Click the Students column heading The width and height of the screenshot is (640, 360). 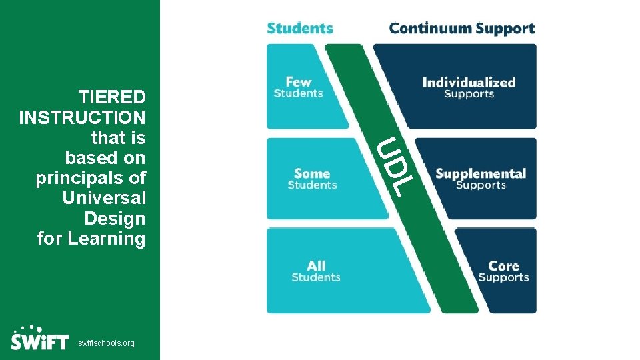point(299,29)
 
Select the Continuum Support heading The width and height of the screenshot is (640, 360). point(461,29)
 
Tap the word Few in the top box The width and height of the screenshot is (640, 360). point(298,82)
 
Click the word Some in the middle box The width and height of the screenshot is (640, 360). point(312,173)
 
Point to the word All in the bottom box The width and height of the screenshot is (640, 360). point(316,266)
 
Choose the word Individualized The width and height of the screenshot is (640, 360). point(469,83)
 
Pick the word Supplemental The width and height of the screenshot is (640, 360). point(480,174)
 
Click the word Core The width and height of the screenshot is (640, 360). point(503,266)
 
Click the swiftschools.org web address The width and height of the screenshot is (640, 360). point(106,343)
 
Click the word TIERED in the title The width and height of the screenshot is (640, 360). point(111,97)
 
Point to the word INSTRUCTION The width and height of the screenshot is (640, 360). point(82,118)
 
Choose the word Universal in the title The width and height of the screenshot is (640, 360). point(103,199)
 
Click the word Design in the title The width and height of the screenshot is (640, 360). point(115,219)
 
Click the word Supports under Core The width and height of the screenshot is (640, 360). point(503,277)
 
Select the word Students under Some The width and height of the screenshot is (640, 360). point(312,185)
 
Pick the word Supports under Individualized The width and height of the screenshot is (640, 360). point(469,94)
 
